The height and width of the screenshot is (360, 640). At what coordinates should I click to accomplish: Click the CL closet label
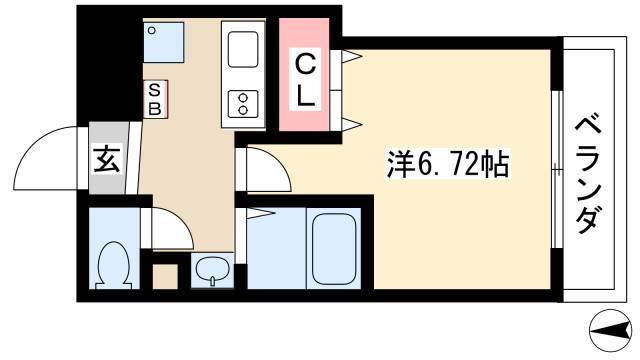pyautogui.click(x=304, y=80)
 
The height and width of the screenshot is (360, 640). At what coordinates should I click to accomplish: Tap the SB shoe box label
pyautogui.click(x=155, y=99)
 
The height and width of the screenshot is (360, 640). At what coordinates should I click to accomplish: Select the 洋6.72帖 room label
pyautogui.click(x=448, y=164)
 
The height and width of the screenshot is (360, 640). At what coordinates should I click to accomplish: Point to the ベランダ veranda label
pyautogui.click(x=588, y=174)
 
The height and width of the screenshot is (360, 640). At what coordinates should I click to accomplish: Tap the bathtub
pyautogui.click(x=334, y=248)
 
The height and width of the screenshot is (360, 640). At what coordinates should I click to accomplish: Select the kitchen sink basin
pyautogui.click(x=243, y=50)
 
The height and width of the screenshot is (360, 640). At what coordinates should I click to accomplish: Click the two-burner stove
pyautogui.click(x=243, y=104)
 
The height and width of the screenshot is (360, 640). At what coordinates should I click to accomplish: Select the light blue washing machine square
pyautogui.click(x=164, y=42)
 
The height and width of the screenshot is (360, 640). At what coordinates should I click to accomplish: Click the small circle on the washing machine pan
pyautogui.click(x=152, y=30)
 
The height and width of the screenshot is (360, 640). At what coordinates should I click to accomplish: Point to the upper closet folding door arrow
pyautogui.click(x=352, y=56)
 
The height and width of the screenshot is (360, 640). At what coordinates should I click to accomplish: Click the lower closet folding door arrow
pyautogui.click(x=352, y=124)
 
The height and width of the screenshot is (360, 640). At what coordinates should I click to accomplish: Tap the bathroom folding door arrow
pyautogui.click(x=260, y=213)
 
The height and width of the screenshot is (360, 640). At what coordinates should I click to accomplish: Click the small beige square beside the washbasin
pyautogui.click(x=166, y=277)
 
